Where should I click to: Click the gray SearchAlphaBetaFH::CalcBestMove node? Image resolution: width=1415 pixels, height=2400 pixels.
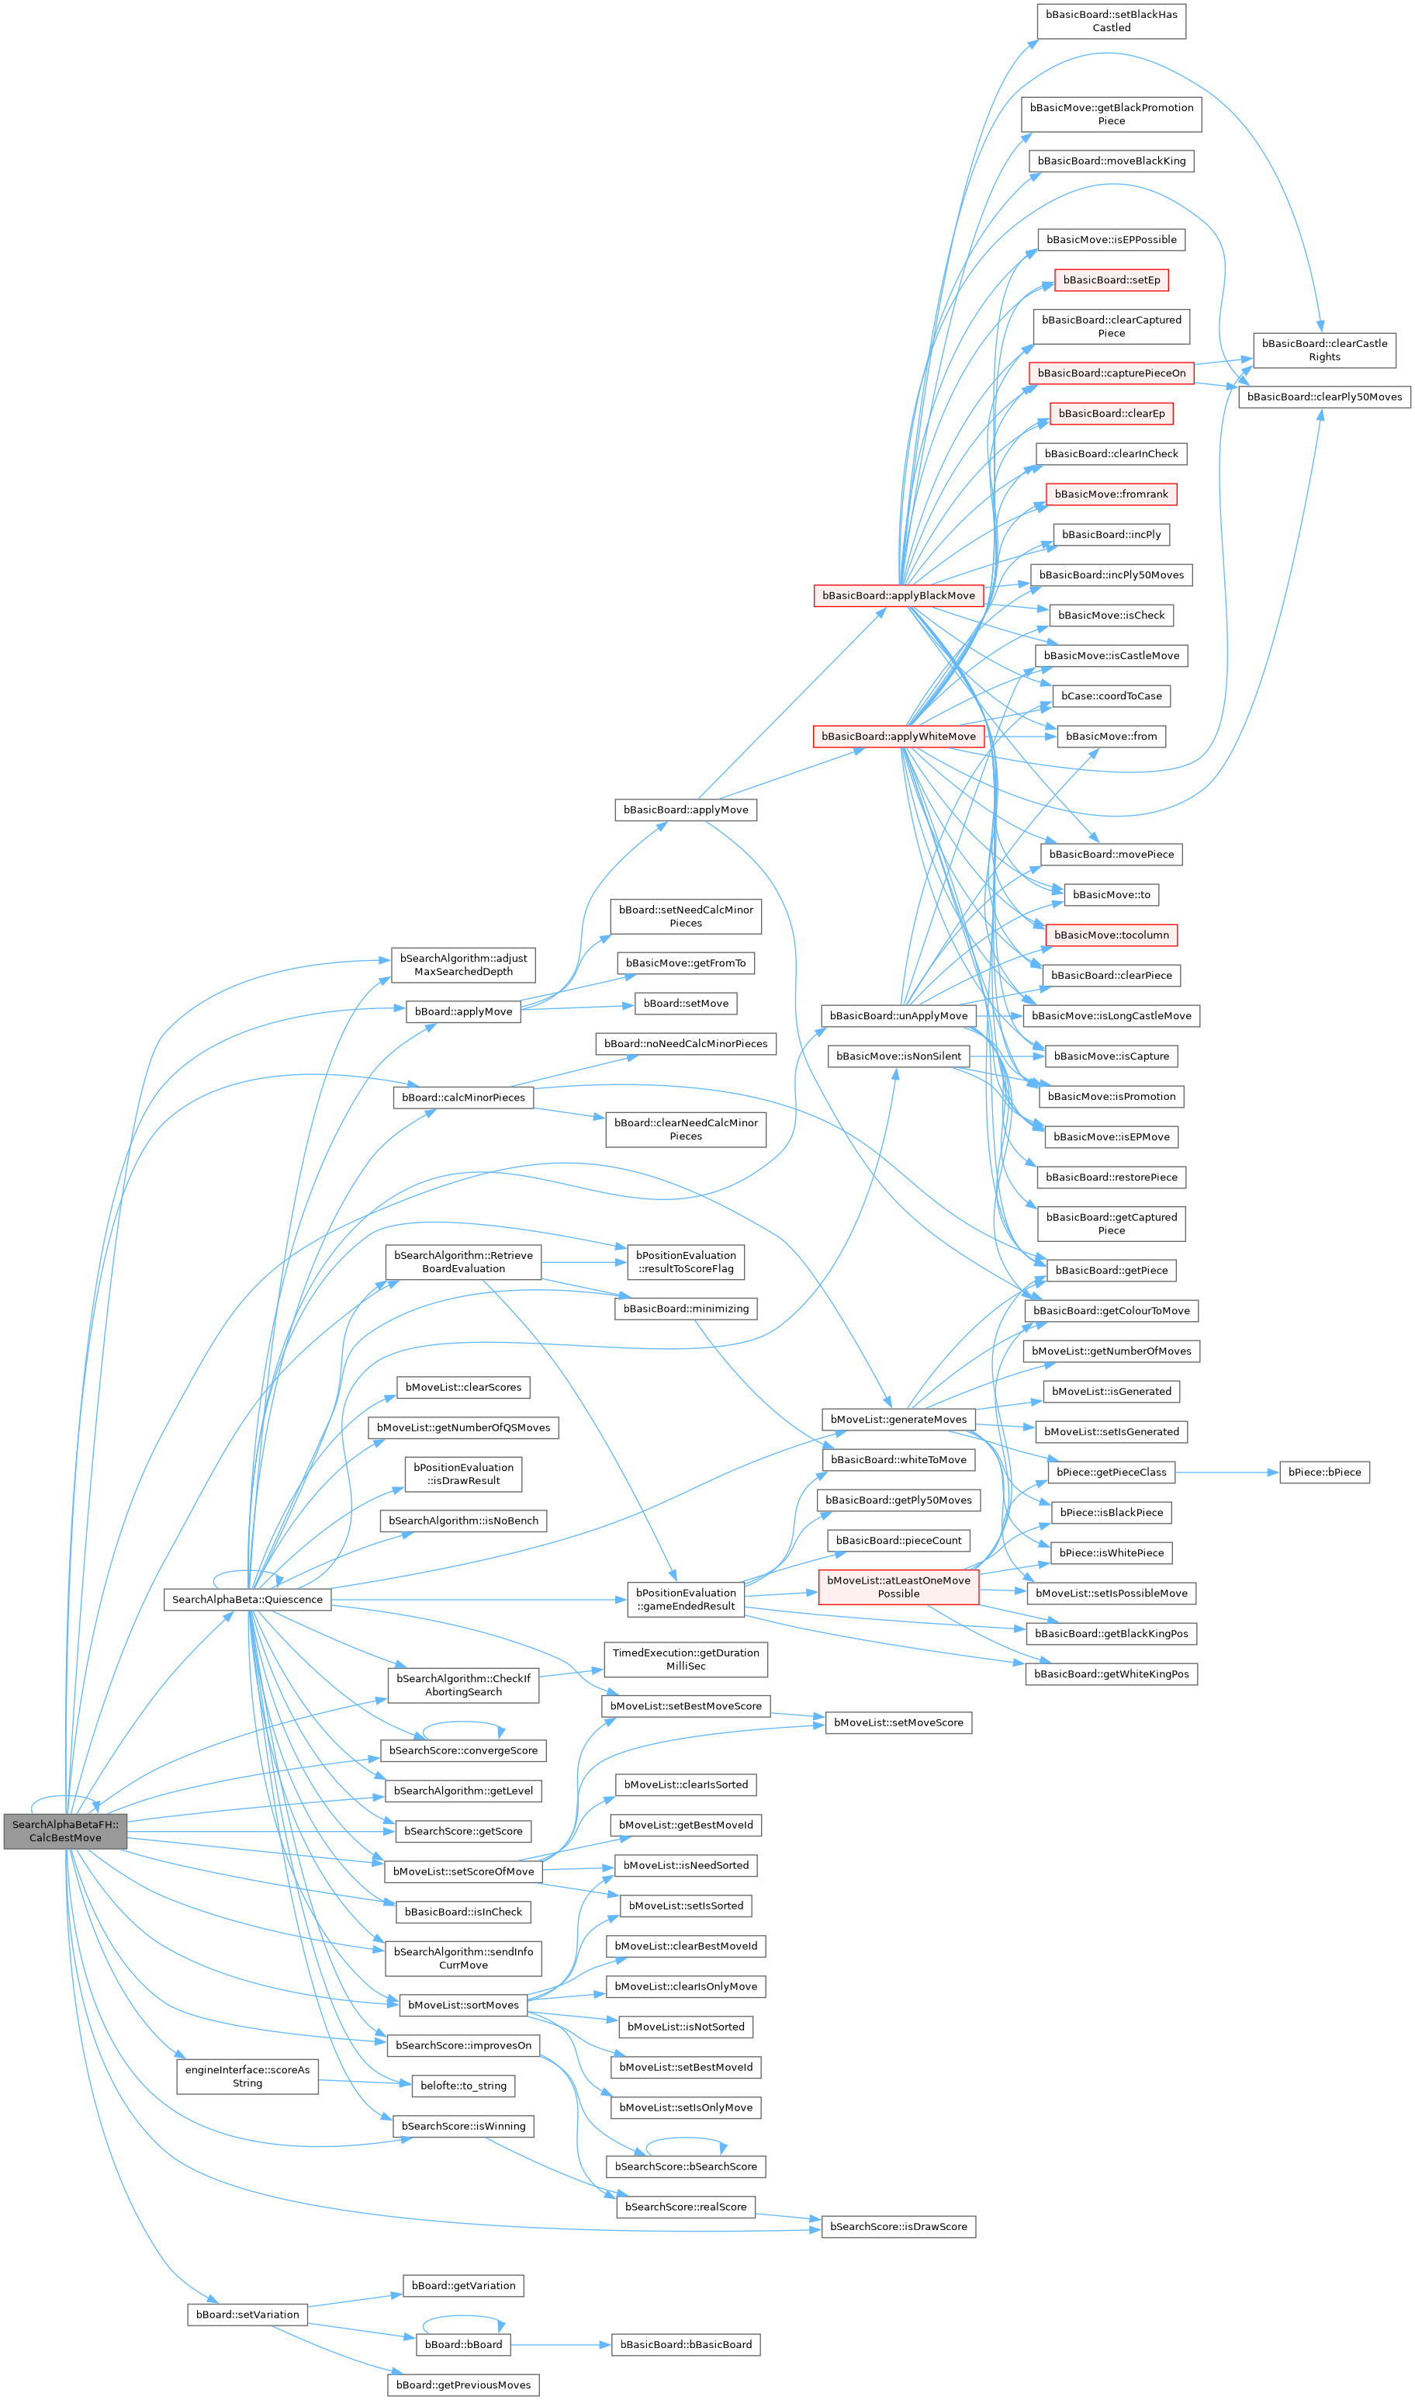click(x=65, y=1830)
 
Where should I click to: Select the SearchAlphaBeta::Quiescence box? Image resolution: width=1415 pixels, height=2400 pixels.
click(x=247, y=1599)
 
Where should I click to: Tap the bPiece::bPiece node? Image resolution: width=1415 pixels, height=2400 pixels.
click(x=1324, y=1472)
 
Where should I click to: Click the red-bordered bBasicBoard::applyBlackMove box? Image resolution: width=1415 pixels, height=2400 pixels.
click(x=898, y=595)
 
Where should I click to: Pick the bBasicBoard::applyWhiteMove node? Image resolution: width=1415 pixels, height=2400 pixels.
click(x=898, y=737)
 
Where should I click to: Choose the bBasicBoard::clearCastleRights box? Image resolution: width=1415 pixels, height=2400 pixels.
click(x=1323, y=350)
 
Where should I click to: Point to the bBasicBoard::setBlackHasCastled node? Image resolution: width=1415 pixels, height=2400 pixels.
click(x=1111, y=21)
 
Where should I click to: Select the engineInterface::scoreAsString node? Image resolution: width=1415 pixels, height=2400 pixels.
click(x=247, y=2076)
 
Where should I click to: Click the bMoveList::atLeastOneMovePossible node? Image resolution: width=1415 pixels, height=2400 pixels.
click(x=898, y=1587)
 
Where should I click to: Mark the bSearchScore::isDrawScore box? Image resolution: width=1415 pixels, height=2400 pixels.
click(x=898, y=2226)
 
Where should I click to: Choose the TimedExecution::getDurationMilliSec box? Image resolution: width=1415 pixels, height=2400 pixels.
click(x=686, y=1659)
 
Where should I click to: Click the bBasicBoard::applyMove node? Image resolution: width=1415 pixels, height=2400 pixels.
click(x=686, y=810)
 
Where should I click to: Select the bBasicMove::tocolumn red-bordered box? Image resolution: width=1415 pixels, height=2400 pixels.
click(x=1111, y=935)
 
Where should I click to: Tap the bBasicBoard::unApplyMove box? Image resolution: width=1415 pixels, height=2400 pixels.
click(x=898, y=1015)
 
